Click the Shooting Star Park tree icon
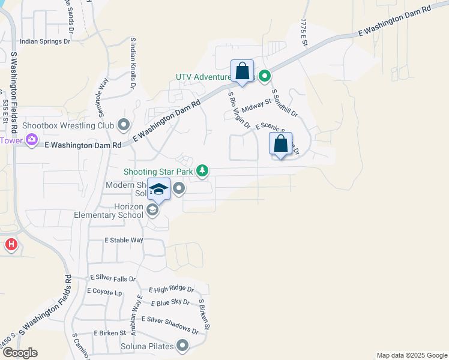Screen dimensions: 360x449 click(203, 172)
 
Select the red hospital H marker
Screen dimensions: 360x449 click(11, 245)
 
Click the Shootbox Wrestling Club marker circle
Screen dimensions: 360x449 click(124, 125)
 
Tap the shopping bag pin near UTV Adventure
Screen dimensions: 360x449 click(242, 71)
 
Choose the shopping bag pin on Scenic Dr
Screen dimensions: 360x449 click(280, 144)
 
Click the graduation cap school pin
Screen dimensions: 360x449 click(158, 190)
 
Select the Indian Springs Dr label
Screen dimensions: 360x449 click(45, 42)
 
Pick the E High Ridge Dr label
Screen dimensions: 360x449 click(171, 290)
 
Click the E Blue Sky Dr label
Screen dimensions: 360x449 click(170, 303)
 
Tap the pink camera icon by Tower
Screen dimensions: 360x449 click(32, 140)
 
